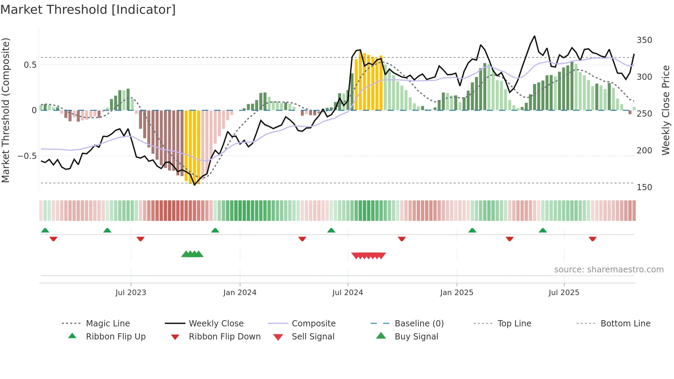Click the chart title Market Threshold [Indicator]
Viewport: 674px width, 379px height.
pyautogui.click(x=88, y=10)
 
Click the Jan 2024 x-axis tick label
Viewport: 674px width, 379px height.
pyautogui.click(x=240, y=292)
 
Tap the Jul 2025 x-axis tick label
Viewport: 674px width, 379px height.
pyautogui.click(x=564, y=292)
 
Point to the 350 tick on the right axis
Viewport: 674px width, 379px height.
pyautogui.click(x=644, y=40)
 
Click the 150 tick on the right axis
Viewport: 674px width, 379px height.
pyautogui.click(x=644, y=187)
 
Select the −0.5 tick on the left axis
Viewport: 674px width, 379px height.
pyautogui.click(x=27, y=156)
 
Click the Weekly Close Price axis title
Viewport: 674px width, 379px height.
pyautogui.click(x=666, y=110)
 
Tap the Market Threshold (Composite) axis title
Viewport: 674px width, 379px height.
pyautogui.click(x=6, y=110)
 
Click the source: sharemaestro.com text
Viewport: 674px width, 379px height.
pyautogui.click(x=609, y=269)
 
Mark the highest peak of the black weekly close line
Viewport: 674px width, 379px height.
pyautogui.click(x=534, y=36)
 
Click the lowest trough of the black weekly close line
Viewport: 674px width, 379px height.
pyautogui.click(x=195, y=185)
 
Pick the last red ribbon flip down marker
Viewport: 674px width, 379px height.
pyautogui.click(x=592, y=239)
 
